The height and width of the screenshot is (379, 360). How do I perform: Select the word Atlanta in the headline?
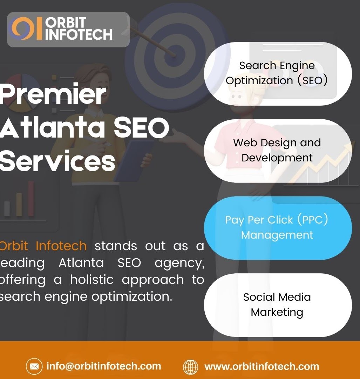click(x=52, y=128)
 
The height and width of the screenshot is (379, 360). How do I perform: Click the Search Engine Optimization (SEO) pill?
click(x=278, y=73)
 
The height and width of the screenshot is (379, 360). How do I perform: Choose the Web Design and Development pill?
click(x=278, y=151)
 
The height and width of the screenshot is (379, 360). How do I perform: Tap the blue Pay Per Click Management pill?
click(x=278, y=228)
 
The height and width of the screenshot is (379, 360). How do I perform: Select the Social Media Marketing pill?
click(x=278, y=305)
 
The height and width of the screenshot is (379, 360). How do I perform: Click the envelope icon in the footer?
click(x=34, y=367)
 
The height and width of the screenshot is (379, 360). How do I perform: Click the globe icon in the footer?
click(x=191, y=367)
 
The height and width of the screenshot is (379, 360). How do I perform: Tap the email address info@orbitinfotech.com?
click(x=104, y=366)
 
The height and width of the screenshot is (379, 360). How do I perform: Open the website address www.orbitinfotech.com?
click(x=261, y=367)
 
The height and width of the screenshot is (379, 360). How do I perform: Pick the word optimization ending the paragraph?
click(x=132, y=297)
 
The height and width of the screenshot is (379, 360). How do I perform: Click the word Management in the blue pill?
click(x=277, y=235)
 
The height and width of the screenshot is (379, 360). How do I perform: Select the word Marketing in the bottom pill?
click(x=277, y=312)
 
